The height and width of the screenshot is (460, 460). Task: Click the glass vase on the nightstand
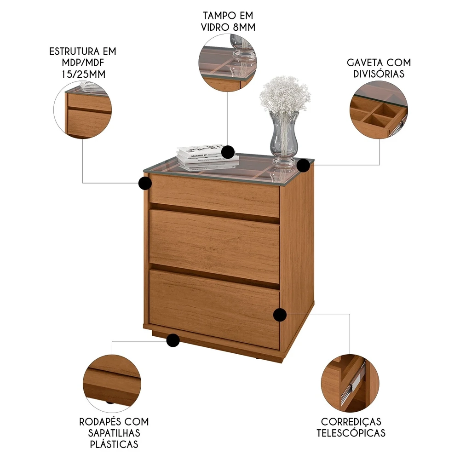click(x=284, y=138)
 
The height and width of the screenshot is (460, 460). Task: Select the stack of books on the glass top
click(x=207, y=156)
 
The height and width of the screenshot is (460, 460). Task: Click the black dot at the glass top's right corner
click(x=303, y=165)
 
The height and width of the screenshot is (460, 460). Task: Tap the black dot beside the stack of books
click(x=228, y=151)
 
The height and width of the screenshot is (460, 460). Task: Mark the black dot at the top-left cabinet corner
click(x=145, y=183)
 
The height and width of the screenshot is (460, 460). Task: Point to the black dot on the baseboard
click(x=173, y=340)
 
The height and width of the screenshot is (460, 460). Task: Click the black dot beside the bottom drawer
click(x=280, y=315)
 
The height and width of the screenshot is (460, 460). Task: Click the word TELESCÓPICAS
click(x=353, y=433)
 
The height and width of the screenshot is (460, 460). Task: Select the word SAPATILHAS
click(x=114, y=433)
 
